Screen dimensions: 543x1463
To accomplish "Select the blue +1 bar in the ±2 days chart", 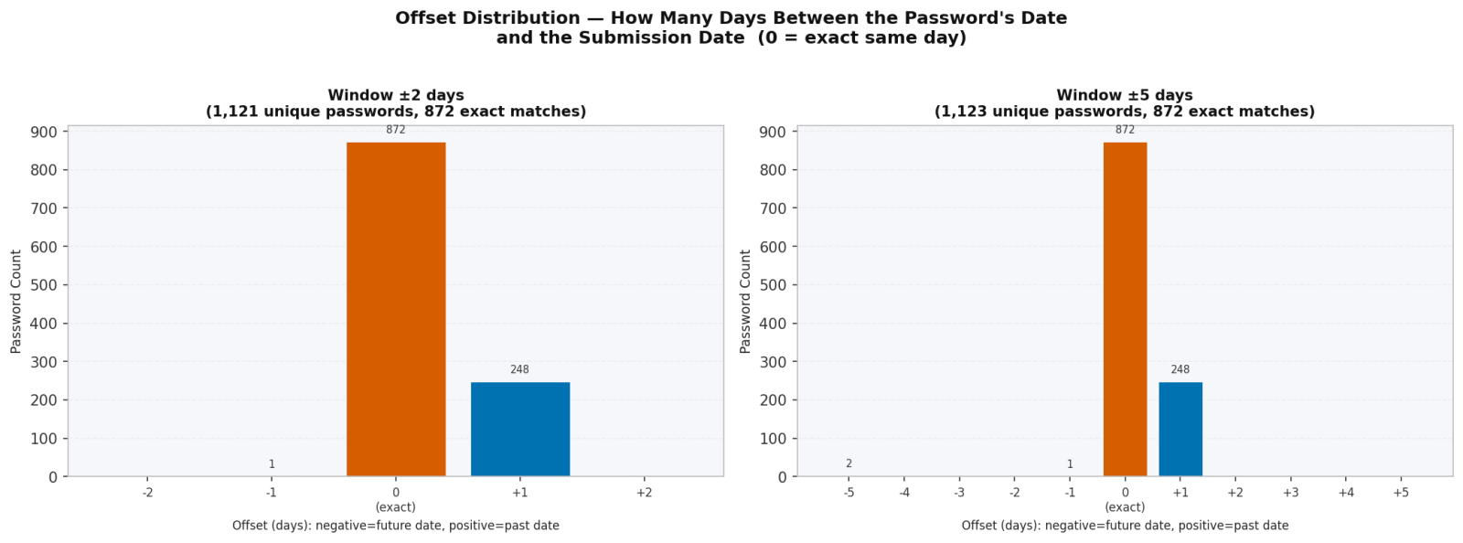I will point(519,429).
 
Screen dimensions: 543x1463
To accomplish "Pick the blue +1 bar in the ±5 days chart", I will point(1180,429).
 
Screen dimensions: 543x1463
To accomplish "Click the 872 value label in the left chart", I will point(396,130).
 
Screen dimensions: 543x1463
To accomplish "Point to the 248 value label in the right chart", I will point(1180,369).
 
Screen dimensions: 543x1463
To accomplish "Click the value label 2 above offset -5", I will point(849,463).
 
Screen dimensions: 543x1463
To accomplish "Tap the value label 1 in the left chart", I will point(272,464).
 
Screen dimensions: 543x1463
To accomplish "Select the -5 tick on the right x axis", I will point(849,493).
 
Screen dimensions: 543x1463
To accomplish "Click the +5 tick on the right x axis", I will point(1400,493).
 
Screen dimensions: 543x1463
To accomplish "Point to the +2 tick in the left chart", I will point(644,493).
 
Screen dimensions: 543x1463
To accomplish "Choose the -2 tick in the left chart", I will point(147,493).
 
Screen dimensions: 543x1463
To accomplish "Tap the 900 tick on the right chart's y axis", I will point(774,132).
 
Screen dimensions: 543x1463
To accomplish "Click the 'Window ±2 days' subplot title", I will point(396,95).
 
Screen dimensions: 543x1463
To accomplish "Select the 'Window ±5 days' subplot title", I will point(1125,95).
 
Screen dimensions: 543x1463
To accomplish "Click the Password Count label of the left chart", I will point(16,301).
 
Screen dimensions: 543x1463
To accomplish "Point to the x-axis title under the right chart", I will point(1125,526).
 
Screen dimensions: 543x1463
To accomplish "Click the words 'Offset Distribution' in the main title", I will point(487,18).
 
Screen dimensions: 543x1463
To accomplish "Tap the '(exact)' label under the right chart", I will point(1125,507).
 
